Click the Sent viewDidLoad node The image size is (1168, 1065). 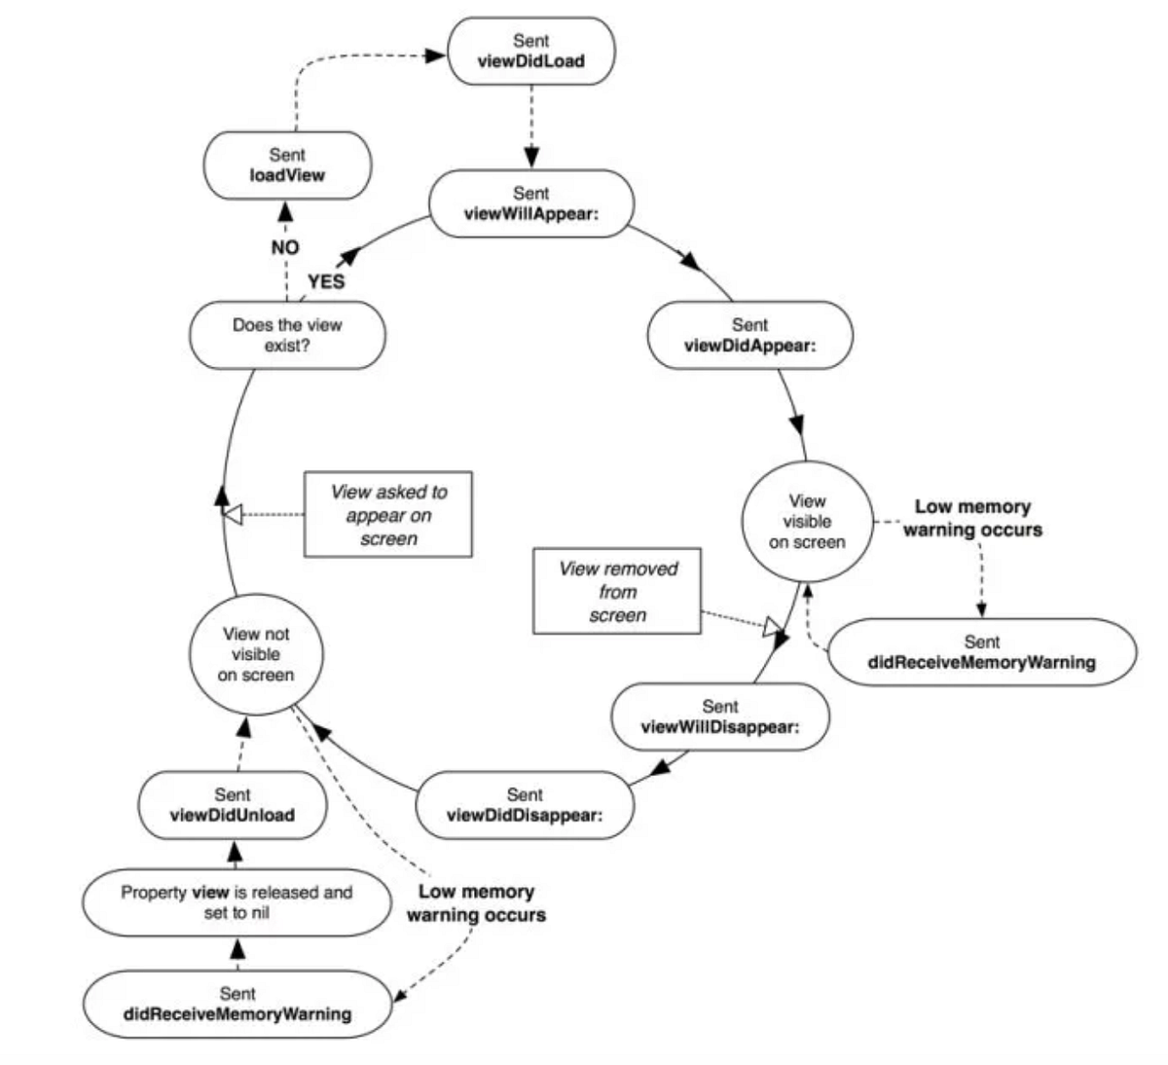click(x=531, y=51)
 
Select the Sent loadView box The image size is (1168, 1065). click(x=287, y=165)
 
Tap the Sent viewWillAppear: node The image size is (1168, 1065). click(x=531, y=203)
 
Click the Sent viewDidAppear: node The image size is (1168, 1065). click(x=749, y=335)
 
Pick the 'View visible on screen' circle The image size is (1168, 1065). click(x=807, y=522)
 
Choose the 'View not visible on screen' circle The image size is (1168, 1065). click(x=255, y=653)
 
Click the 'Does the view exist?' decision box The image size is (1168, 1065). click(x=287, y=335)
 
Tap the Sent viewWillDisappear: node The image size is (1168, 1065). click(x=720, y=716)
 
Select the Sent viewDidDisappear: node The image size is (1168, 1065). click(x=525, y=805)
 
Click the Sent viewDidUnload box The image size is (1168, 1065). click(x=232, y=805)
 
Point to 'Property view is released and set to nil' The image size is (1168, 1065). click(x=237, y=902)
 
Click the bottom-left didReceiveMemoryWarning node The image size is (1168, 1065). click(x=237, y=1004)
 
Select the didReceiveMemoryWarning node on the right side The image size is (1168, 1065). click(x=981, y=652)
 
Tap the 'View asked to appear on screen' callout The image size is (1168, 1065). click(x=388, y=515)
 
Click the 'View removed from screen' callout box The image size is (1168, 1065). click(x=617, y=592)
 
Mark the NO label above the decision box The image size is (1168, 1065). click(x=285, y=248)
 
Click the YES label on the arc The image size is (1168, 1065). click(x=326, y=281)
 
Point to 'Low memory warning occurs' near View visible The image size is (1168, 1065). click(x=972, y=518)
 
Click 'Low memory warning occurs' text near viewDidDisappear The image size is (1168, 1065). click(x=476, y=903)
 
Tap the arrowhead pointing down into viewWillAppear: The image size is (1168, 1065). click(x=531, y=158)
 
